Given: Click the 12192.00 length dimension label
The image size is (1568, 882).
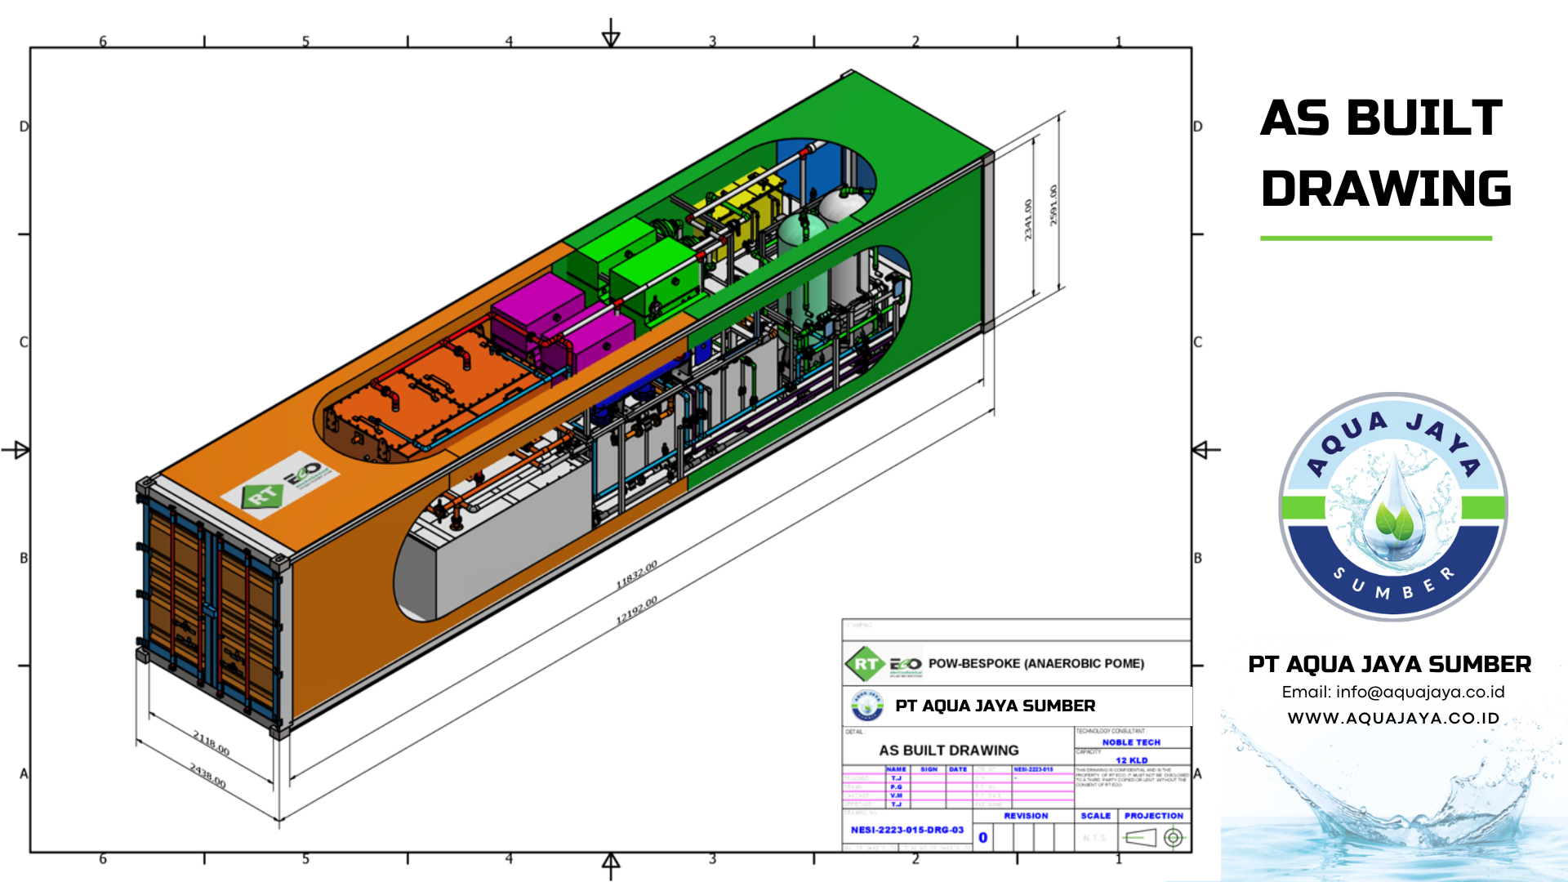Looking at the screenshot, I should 636,610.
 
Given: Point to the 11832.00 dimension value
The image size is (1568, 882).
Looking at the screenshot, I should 636,574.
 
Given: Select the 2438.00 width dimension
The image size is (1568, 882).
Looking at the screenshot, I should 208,775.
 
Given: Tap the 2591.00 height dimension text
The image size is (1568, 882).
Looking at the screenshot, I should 1053,205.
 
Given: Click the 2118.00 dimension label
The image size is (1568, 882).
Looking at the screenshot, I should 211,742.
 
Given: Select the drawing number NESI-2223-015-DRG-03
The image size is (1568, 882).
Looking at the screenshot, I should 906,830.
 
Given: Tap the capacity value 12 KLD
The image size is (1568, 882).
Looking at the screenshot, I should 1131,760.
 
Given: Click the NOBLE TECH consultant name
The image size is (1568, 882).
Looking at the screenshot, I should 1131,742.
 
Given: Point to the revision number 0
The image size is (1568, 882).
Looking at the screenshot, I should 982,838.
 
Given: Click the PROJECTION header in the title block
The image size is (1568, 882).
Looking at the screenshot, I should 1153,816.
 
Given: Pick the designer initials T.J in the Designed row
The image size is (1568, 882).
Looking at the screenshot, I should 896,778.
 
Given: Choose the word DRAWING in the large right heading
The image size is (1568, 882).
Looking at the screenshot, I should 1386,189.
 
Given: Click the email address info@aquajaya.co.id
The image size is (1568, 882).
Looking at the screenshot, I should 1392,693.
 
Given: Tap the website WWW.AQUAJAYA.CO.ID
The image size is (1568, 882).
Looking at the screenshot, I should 1393,719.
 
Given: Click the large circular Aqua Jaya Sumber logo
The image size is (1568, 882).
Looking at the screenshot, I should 1392,507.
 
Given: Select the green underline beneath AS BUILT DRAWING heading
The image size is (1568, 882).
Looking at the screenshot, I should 1376,238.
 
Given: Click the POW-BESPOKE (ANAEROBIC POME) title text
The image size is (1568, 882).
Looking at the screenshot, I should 1036,664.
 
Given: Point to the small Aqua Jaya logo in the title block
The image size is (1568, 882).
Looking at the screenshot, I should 867,706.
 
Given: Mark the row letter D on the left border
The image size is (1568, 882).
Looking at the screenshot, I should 24,127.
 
